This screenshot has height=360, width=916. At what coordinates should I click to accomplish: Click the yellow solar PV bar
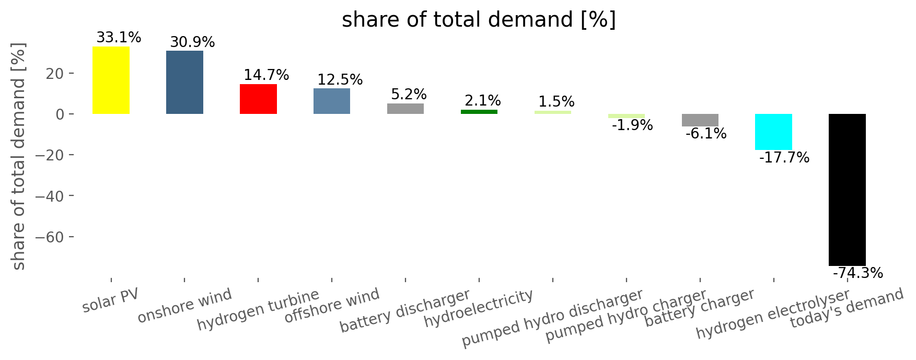click(x=111, y=80)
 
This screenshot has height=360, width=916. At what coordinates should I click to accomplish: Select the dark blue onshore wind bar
click(x=184, y=82)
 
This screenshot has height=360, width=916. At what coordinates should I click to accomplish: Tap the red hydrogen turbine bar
click(x=258, y=99)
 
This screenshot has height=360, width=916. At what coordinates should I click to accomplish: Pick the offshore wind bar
click(x=332, y=101)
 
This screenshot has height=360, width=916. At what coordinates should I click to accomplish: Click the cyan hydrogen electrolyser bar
click(x=773, y=132)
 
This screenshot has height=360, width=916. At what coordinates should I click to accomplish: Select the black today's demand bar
click(x=847, y=190)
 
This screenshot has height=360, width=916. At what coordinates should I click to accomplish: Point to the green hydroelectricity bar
click(x=479, y=112)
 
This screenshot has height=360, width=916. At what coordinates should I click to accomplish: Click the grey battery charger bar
click(x=700, y=120)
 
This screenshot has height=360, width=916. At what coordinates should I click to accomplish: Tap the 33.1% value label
click(x=119, y=38)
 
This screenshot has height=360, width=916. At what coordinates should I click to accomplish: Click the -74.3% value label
click(x=857, y=273)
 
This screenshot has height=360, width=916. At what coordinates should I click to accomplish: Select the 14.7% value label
click(x=266, y=75)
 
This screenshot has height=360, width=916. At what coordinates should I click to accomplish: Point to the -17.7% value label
click(x=784, y=158)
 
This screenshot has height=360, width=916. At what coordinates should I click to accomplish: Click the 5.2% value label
click(x=409, y=95)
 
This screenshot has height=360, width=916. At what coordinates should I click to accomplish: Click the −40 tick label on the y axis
click(x=47, y=196)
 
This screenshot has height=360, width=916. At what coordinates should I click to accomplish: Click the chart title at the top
click(x=479, y=20)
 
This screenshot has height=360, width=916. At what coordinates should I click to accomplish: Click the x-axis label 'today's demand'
click(x=847, y=308)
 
